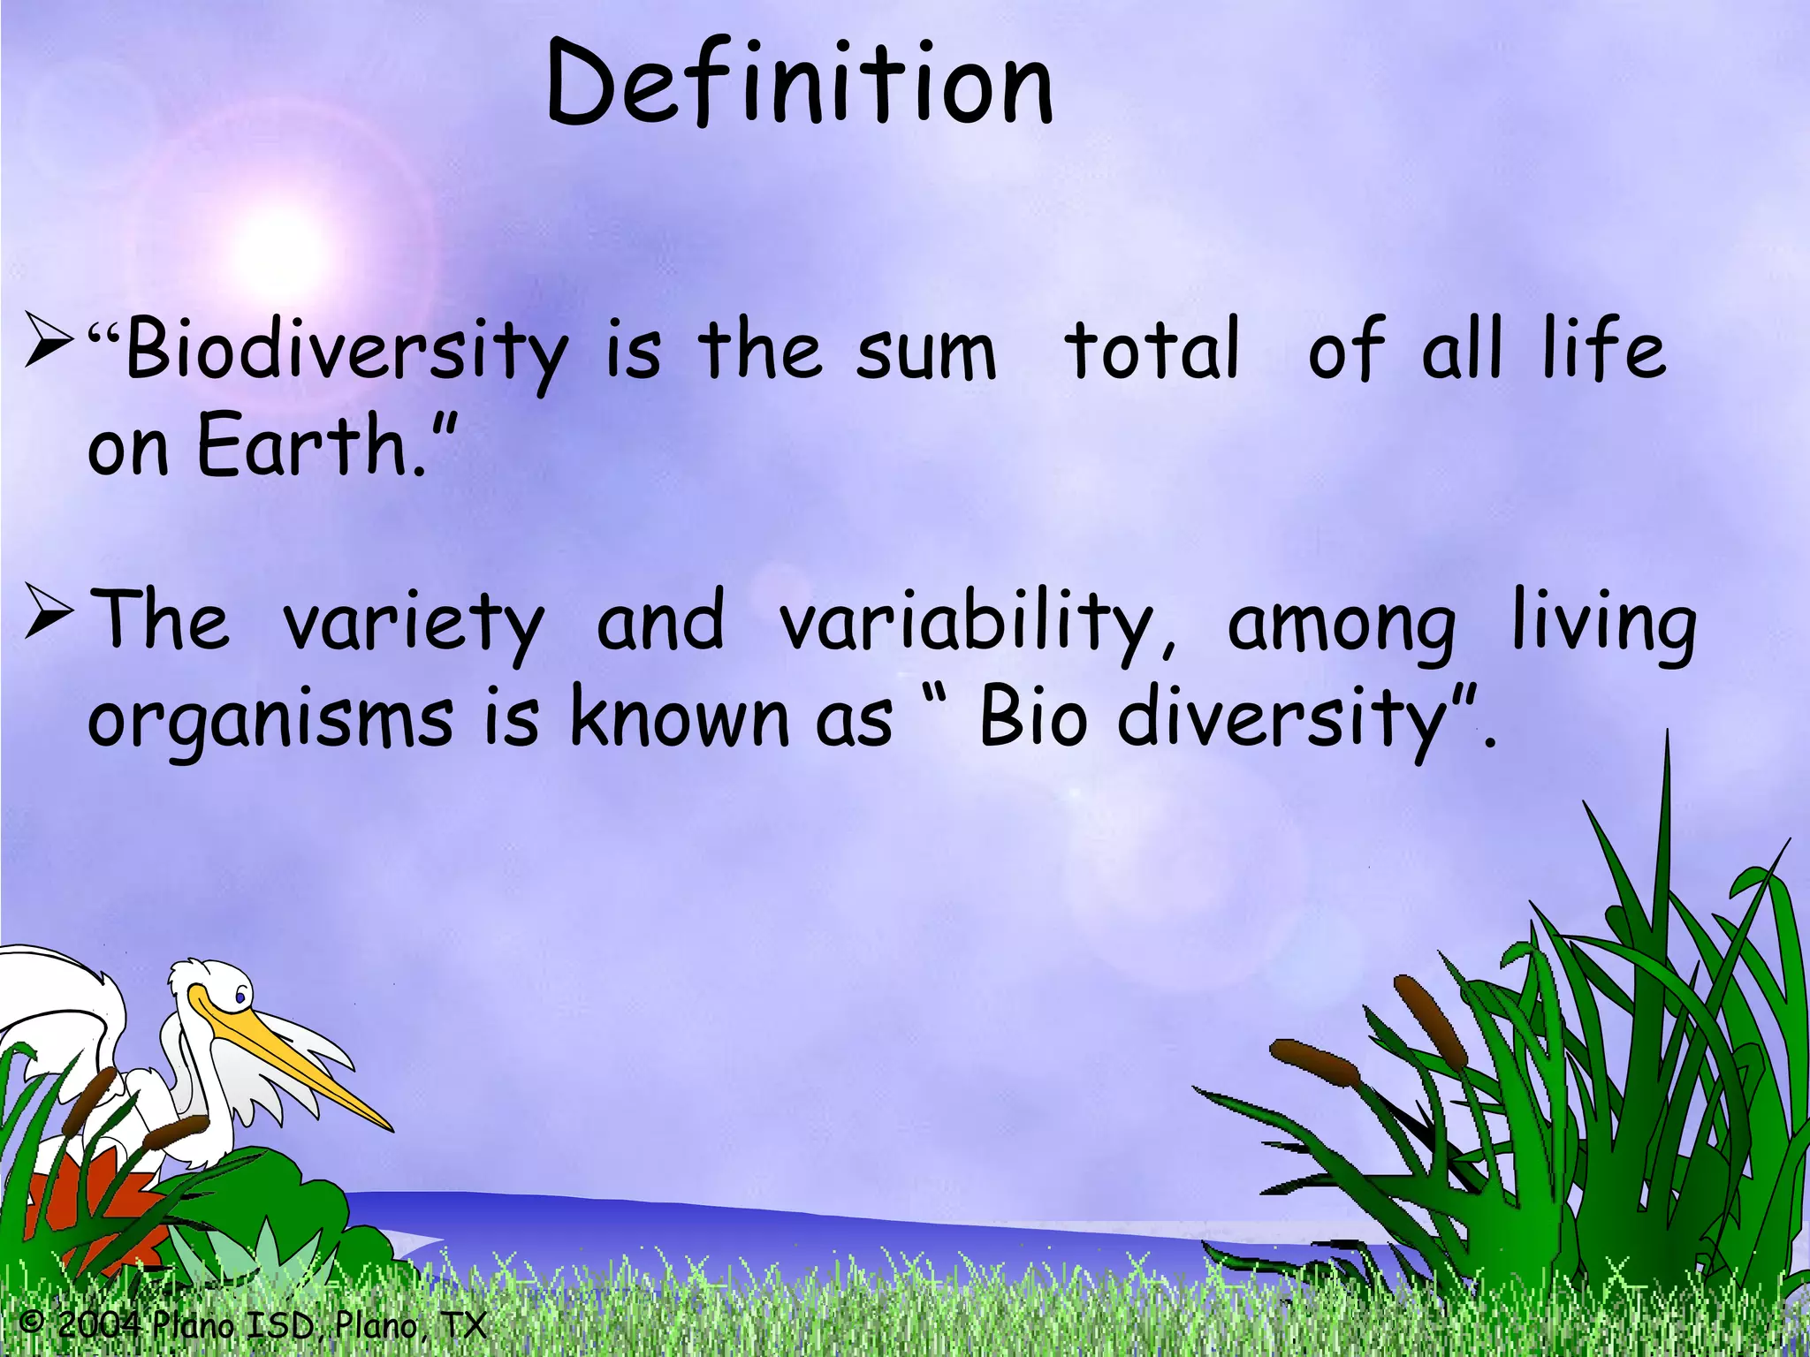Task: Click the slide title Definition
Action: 800,84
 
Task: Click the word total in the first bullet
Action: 1152,350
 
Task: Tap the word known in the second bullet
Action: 679,717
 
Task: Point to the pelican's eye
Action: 240,997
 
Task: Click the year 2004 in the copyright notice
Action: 99,1324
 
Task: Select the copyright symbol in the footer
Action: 32,1323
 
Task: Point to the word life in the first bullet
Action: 1603,348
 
